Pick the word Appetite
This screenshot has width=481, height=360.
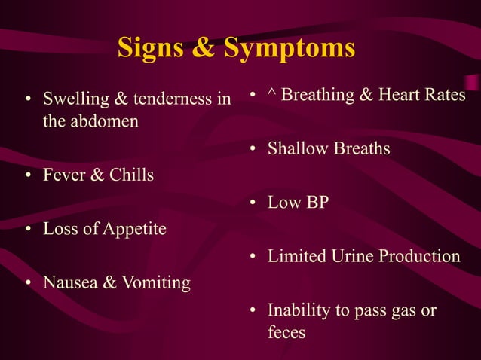132,229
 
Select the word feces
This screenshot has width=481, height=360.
286,332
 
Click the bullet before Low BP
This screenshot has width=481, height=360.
254,203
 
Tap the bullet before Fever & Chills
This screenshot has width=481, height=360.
28,176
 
